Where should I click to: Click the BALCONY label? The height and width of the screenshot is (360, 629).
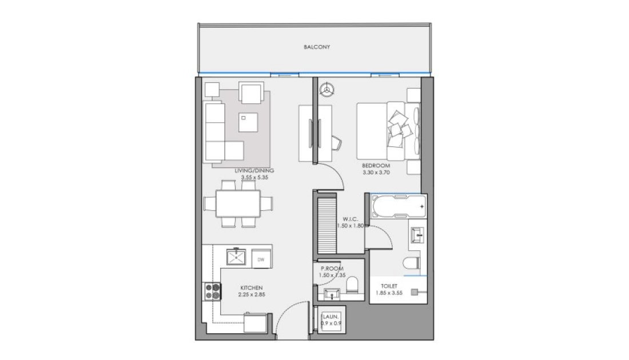point(317,47)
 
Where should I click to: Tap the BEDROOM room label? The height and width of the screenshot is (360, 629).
point(376,166)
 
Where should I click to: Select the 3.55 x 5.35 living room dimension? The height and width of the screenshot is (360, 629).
point(254,177)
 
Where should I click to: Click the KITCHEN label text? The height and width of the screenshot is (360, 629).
point(252,288)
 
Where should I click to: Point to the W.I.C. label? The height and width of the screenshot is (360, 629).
point(350,219)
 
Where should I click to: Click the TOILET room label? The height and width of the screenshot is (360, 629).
point(389,286)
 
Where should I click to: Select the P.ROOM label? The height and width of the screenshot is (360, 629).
point(332,269)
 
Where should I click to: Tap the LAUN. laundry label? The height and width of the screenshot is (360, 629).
point(331,317)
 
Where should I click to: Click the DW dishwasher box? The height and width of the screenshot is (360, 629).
point(261,259)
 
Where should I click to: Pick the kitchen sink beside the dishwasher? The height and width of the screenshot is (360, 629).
point(236,257)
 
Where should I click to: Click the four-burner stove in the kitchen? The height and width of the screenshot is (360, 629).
point(213,291)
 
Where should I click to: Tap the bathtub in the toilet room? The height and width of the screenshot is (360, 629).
point(399,206)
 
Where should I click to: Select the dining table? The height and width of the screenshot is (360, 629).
point(238,203)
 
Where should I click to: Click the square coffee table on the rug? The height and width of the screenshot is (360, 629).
point(248,122)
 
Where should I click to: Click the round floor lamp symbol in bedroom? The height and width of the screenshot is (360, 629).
point(328,89)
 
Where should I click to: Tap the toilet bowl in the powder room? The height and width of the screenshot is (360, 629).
point(352,284)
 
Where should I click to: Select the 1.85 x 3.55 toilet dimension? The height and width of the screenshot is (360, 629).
point(389,293)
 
